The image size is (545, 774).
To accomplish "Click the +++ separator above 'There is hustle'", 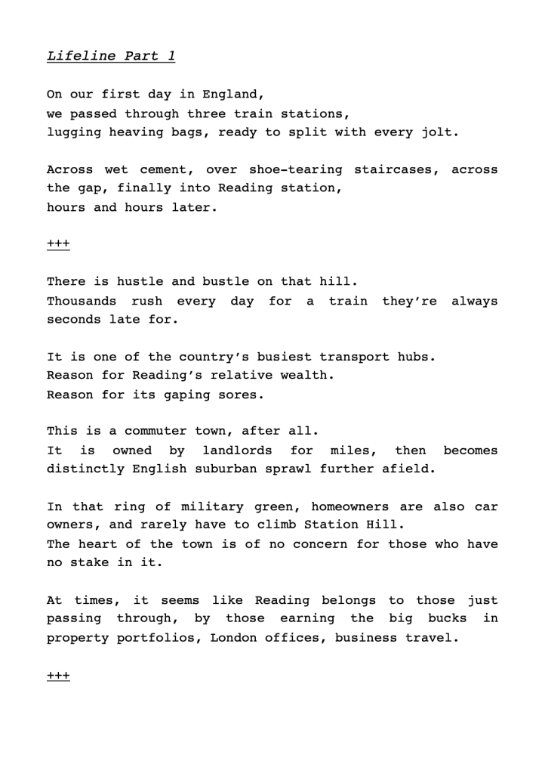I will (58, 244).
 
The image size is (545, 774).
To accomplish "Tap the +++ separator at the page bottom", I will (58, 675).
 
